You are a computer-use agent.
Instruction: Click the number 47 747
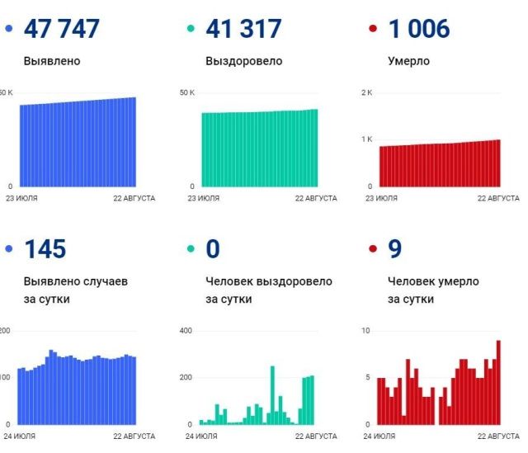click(x=62, y=29)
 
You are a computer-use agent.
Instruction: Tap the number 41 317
click(x=243, y=29)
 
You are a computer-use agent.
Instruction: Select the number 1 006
click(x=419, y=29)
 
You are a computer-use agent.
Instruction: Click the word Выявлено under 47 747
click(x=52, y=60)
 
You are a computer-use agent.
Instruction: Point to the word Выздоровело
click(x=243, y=60)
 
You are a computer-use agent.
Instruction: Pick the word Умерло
click(x=408, y=60)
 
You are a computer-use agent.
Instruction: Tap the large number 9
click(x=395, y=249)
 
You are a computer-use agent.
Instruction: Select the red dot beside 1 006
click(x=374, y=30)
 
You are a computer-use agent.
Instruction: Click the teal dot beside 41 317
click(x=191, y=30)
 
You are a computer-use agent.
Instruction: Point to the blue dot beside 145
click(x=9, y=249)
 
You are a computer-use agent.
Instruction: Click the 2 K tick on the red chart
click(x=367, y=92)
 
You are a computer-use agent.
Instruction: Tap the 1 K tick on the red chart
click(x=367, y=139)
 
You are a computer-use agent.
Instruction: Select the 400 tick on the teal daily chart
click(x=186, y=331)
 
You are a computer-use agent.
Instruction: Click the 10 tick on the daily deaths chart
click(x=366, y=331)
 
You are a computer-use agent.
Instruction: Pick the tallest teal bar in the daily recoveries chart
click(x=272, y=395)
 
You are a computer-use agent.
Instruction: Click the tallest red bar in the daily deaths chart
click(x=498, y=382)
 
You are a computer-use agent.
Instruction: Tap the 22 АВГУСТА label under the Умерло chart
click(x=498, y=198)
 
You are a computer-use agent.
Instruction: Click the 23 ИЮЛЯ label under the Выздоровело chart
click(x=204, y=198)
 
